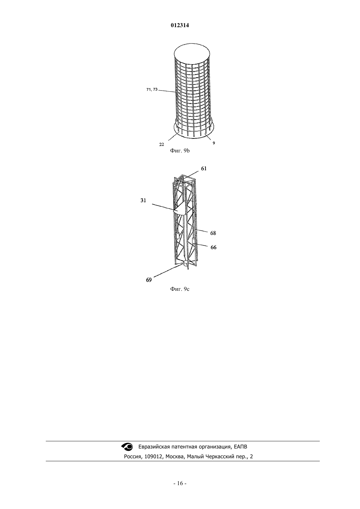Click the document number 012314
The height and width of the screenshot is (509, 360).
(x=180, y=26)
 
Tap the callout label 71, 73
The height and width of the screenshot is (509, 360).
(x=152, y=90)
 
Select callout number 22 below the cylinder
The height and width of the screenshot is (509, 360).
(x=162, y=144)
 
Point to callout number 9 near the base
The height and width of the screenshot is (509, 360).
(x=214, y=143)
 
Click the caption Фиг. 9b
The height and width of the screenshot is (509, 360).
(x=180, y=151)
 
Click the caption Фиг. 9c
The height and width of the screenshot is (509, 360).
(x=180, y=289)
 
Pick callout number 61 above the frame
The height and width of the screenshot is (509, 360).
(x=204, y=168)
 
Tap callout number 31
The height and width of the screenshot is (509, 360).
(x=143, y=201)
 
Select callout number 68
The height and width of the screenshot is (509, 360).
(x=213, y=233)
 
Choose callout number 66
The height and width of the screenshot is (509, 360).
(x=213, y=247)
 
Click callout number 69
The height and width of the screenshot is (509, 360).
(x=149, y=280)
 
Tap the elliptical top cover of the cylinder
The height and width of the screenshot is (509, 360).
(x=192, y=55)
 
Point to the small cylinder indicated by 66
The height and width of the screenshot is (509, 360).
(x=194, y=241)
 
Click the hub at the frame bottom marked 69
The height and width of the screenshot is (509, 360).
(x=186, y=264)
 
